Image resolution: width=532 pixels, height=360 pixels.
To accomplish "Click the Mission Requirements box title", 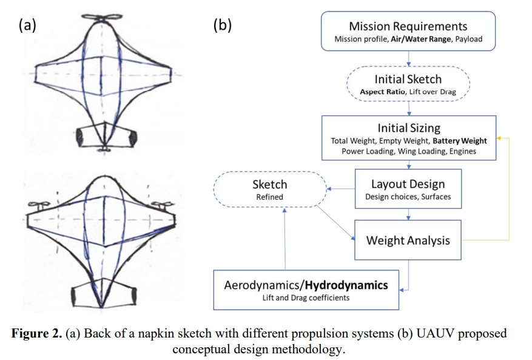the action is coord(408,26).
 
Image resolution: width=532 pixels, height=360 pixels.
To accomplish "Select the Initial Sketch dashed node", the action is coord(408,84).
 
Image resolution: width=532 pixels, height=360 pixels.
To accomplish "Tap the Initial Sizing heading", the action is coord(409,128).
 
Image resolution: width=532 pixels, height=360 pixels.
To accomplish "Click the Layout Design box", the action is coord(408,189).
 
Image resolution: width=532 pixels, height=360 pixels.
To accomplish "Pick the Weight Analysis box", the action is coord(408,240).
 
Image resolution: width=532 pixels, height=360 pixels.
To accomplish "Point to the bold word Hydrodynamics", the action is coord(346,285).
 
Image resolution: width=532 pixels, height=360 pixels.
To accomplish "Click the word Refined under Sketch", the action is coord(270,197).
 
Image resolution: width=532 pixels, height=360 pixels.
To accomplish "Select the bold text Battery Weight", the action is coord(460,141).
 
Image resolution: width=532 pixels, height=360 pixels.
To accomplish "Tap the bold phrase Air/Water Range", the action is coord(421,39).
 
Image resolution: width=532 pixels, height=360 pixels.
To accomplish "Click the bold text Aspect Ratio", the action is coord(382,92).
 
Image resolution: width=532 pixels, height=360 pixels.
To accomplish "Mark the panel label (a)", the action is coord(27,25).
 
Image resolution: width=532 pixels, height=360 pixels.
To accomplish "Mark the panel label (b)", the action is coord(223,25).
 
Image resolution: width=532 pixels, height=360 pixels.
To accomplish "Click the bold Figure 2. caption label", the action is coord(36,333).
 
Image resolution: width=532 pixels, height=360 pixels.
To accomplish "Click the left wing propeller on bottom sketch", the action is coord(39,205).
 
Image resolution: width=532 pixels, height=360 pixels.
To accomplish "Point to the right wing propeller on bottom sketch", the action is coord(162,205).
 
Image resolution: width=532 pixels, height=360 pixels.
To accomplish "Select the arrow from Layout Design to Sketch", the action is coord(341,189).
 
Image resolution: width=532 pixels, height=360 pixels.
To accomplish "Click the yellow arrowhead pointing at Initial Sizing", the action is coord(499,138).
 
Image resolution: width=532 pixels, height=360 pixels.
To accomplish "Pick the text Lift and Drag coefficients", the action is coord(306,298).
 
